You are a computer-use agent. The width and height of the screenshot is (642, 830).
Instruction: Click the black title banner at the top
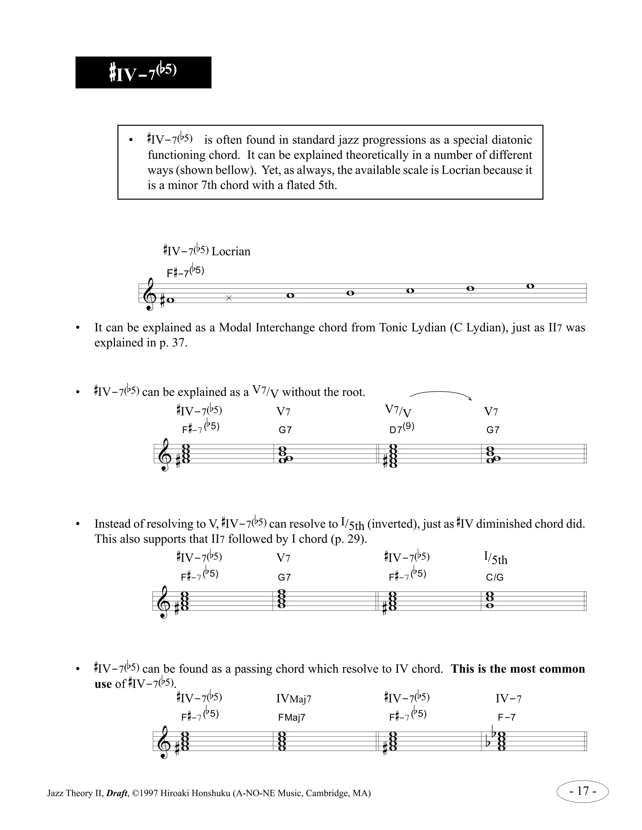(x=143, y=73)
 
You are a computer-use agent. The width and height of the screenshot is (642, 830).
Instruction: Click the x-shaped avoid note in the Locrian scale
(x=229, y=298)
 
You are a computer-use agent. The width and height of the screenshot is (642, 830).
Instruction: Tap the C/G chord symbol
(x=494, y=577)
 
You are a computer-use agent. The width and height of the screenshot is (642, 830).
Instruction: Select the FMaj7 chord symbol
(x=292, y=718)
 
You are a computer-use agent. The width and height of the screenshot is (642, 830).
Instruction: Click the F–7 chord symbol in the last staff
(x=507, y=718)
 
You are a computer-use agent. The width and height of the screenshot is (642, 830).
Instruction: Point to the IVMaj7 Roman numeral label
(x=294, y=698)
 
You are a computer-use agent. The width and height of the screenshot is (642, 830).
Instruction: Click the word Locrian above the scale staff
(x=231, y=252)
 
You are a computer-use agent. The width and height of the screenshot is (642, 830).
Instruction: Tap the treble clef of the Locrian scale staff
(x=150, y=294)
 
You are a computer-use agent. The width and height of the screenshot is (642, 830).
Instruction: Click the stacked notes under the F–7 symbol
(x=501, y=741)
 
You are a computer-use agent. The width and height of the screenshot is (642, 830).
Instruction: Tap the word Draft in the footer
(x=116, y=793)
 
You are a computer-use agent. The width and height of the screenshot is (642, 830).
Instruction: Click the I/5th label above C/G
(x=495, y=558)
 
